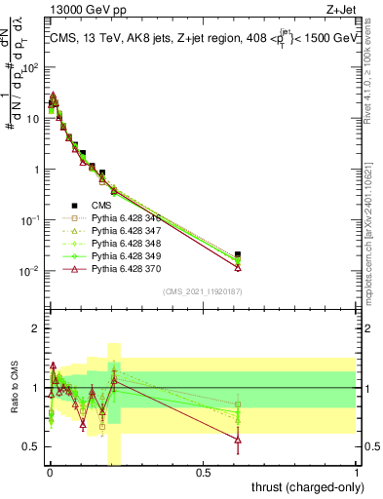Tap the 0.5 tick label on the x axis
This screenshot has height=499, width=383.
[204, 474]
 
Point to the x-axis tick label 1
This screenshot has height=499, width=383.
[357, 474]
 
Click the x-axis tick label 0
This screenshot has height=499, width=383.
[50, 474]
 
